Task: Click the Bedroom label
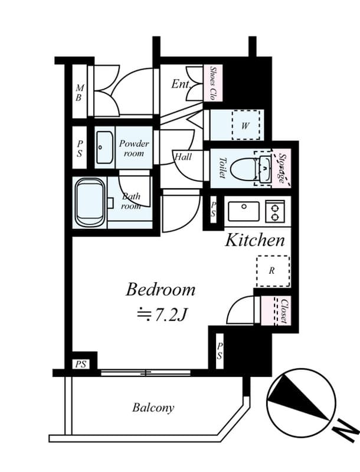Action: (161, 290)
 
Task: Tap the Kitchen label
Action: (256, 240)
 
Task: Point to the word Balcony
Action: (153, 408)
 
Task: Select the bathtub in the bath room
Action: (90, 204)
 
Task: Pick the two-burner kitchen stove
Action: (275, 211)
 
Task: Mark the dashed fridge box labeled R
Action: (272, 271)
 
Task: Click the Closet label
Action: (283, 311)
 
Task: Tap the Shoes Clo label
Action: (213, 83)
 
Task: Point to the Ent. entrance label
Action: (181, 84)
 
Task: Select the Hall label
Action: (183, 158)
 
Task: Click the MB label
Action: (78, 93)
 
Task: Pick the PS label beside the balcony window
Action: (81, 364)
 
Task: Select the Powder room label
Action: (134, 148)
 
